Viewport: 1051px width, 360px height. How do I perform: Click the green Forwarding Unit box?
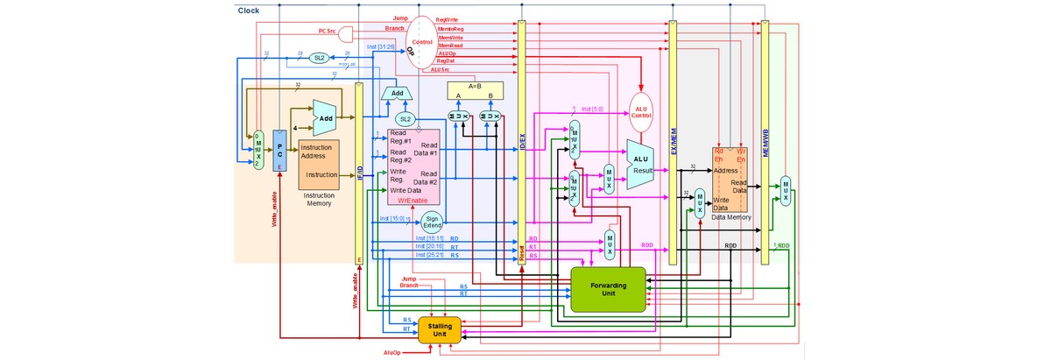point(608,289)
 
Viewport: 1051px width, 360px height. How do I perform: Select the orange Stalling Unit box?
point(440,328)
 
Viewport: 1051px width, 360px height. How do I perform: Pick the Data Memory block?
point(730,179)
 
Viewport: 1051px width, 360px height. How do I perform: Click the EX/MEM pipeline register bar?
point(673,140)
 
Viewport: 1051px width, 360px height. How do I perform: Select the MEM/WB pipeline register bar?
point(765,140)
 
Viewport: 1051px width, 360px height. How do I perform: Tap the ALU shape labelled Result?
point(644,164)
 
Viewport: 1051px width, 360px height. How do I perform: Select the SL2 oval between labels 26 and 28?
point(320,58)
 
